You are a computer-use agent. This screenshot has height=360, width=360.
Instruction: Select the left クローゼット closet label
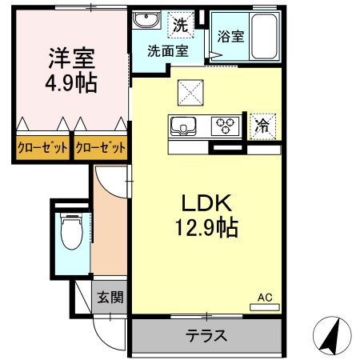(x=42, y=148)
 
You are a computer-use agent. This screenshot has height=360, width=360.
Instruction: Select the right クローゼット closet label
(x=101, y=148)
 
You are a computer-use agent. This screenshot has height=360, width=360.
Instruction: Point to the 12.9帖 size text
(x=206, y=230)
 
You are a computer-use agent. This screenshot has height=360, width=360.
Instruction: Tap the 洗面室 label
(x=167, y=51)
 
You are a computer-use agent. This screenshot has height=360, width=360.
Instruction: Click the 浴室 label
(x=231, y=37)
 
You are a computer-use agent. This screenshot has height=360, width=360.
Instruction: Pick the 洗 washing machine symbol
(x=182, y=25)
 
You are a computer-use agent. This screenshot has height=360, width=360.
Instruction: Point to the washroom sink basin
(x=146, y=22)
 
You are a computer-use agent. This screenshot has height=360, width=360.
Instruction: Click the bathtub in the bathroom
(x=264, y=35)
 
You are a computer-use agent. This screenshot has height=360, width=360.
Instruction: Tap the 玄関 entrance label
(x=110, y=298)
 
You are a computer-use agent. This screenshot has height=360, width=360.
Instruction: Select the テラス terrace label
(x=206, y=335)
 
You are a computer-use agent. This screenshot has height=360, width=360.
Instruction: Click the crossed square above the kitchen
(x=191, y=94)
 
